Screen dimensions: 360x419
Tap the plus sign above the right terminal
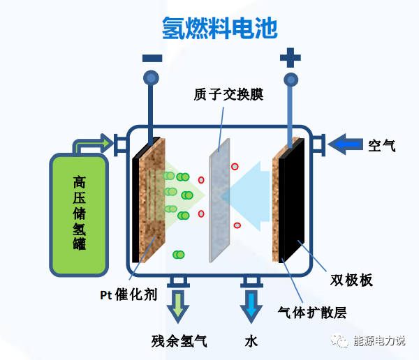pyautogui.click(x=291, y=57)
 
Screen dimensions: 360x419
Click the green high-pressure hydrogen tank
pyautogui.click(x=78, y=213)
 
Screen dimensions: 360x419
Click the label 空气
pyautogui.click(x=382, y=146)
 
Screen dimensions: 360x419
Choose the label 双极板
pyautogui.click(x=351, y=280)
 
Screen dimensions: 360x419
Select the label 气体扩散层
pyautogui.click(x=311, y=312)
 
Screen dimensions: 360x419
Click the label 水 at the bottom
pyautogui.click(x=251, y=341)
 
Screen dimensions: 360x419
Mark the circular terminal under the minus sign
pyautogui.click(x=151, y=77)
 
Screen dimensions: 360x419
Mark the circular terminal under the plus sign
pyautogui.click(x=291, y=77)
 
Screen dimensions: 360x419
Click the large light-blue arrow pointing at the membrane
pyautogui.click(x=248, y=195)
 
